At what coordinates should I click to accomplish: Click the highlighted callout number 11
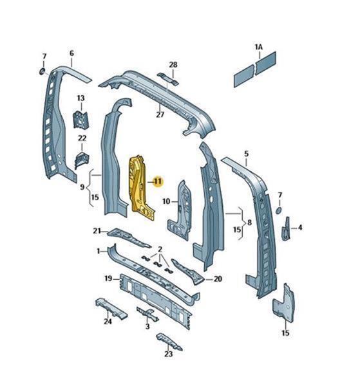(158, 181)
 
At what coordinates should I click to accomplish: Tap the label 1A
(259, 47)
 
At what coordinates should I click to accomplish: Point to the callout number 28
(173, 65)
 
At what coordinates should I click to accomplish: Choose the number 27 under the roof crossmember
(160, 115)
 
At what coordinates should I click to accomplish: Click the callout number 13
(81, 98)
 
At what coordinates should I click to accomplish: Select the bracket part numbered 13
(81, 120)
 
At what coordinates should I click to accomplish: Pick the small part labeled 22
(82, 160)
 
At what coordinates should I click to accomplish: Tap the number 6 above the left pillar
(71, 53)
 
